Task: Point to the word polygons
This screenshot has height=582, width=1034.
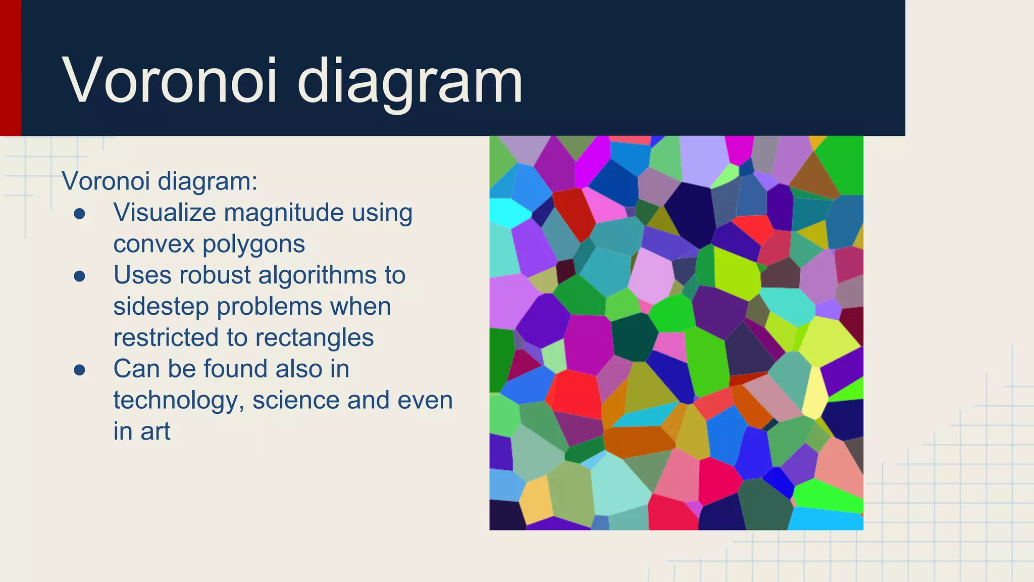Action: (253, 245)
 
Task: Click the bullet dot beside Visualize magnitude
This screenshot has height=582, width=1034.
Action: (79, 214)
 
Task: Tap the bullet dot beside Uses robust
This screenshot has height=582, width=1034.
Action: (79, 276)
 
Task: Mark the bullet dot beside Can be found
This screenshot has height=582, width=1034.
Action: (79, 370)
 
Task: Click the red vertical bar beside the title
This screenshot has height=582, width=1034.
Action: (10, 68)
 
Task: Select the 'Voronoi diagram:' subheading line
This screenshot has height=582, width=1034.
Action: (160, 181)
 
